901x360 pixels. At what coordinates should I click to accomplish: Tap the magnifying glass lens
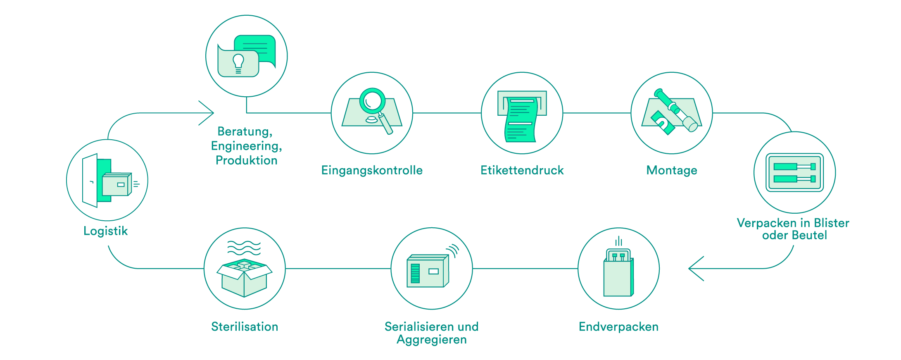373,100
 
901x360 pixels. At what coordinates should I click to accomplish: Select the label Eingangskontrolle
372,170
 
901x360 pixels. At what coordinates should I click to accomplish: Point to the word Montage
672,170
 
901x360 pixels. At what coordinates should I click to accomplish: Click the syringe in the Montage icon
676,110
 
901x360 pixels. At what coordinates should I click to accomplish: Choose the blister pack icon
794,172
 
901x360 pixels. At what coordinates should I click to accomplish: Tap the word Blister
831,223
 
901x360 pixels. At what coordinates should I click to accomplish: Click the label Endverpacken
618,327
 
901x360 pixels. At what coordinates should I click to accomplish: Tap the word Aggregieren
432,340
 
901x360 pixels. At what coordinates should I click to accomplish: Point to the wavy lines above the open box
244,248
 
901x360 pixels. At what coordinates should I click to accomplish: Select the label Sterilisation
245,327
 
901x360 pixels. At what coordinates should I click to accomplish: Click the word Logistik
105,231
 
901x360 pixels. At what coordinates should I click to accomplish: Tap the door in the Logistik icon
90,180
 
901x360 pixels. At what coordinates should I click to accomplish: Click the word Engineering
246,146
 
